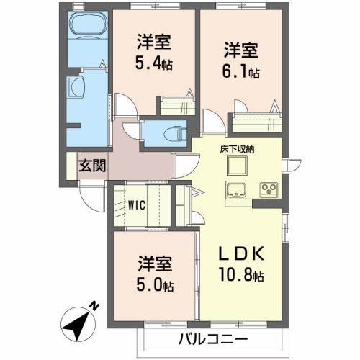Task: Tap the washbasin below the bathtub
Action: pos(78,89)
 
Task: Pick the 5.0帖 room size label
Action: pos(155,286)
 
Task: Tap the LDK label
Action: pos(241,254)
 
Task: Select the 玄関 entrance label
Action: pos(93,165)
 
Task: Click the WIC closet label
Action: pos(138,204)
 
